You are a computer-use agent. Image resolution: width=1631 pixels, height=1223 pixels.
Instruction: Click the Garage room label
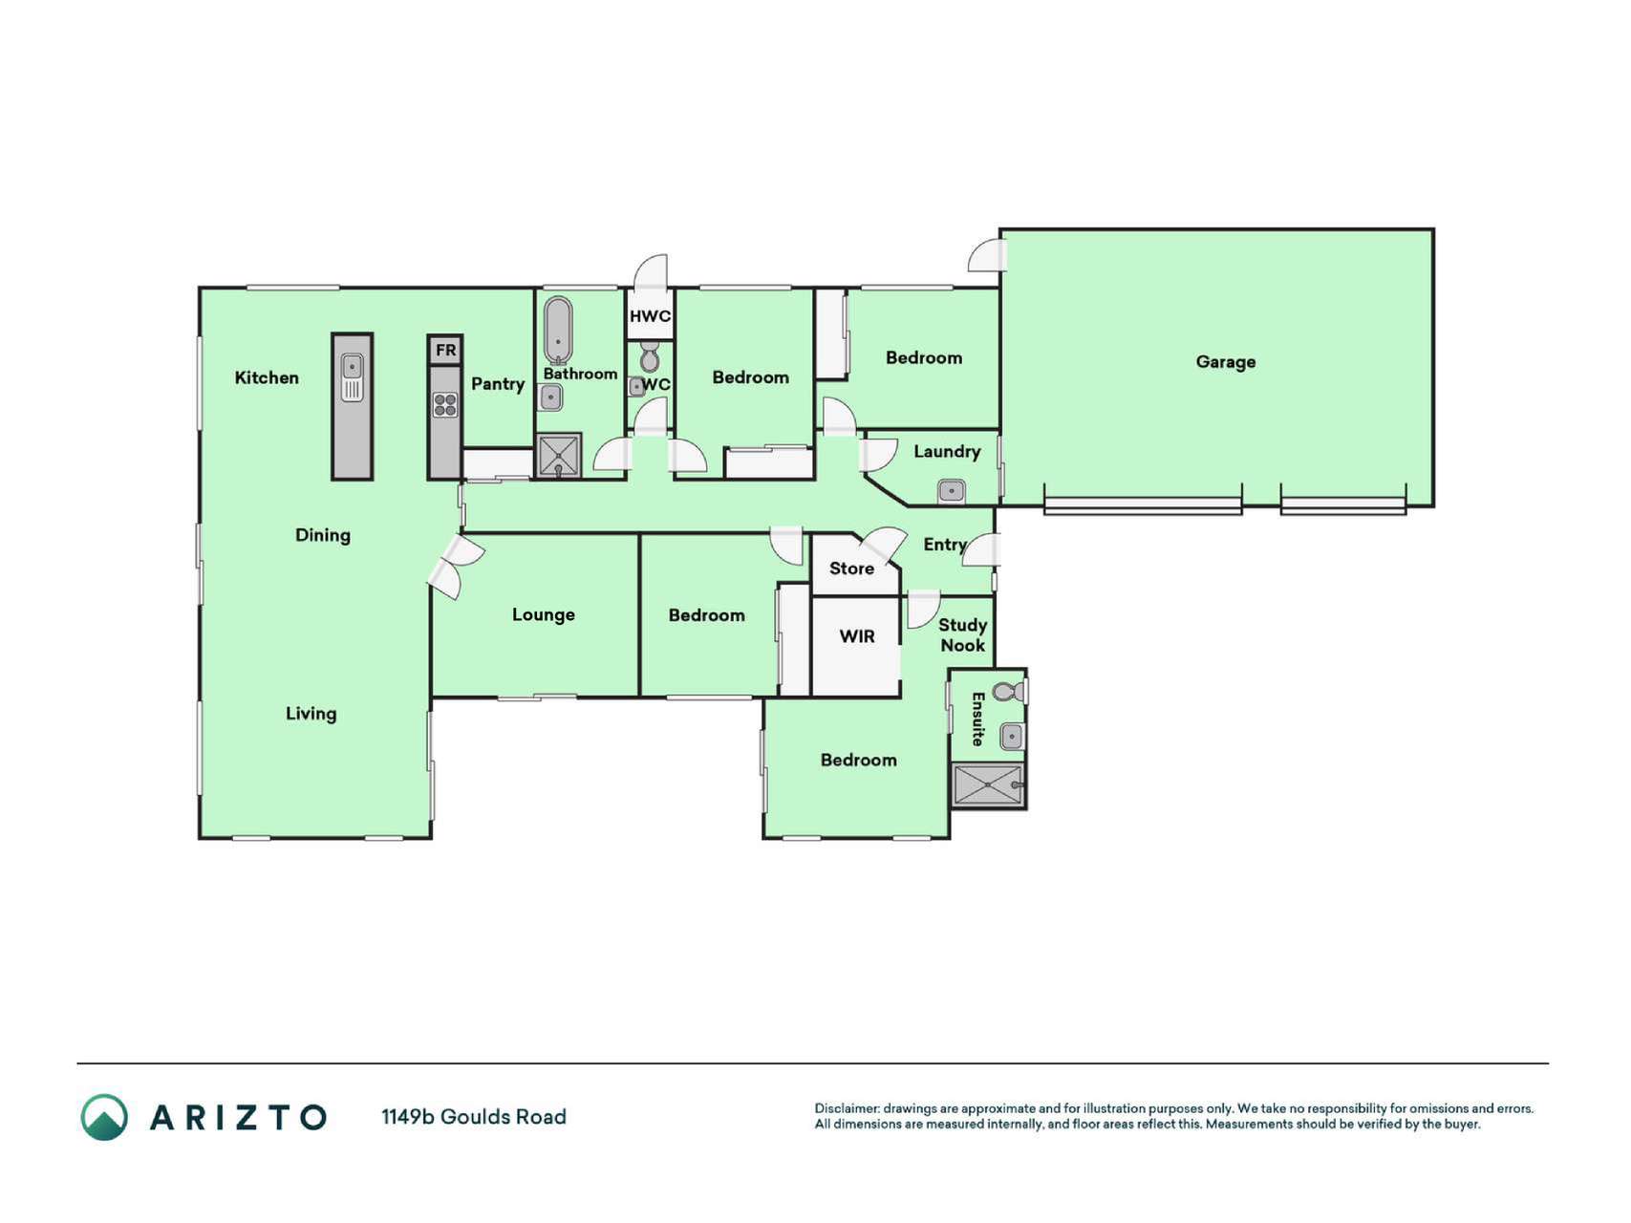pyautogui.click(x=1225, y=362)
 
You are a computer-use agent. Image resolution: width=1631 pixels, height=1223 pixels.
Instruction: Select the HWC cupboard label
pyautogui.click(x=650, y=316)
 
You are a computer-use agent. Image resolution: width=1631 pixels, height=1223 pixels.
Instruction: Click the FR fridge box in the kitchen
pyautogui.click(x=445, y=350)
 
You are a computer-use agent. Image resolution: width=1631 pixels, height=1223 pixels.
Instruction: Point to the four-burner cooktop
pyautogui.click(x=445, y=405)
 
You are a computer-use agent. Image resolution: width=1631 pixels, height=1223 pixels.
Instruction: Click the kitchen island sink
pyautogui.click(x=353, y=376)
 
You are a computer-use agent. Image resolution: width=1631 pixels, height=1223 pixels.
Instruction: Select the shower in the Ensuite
pyautogui.click(x=988, y=784)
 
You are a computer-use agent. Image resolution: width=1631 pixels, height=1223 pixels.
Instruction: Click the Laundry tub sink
pyautogui.click(x=951, y=492)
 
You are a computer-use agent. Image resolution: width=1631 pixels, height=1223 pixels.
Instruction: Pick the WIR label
pyautogui.click(x=857, y=636)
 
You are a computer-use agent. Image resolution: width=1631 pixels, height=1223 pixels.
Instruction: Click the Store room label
pyautogui.click(x=851, y=569)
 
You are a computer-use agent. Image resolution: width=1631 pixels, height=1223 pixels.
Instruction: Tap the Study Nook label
pyautogui.click(x=962, y=635)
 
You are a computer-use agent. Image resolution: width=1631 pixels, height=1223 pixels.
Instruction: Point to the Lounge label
pyautogui.click(x=543, y=615)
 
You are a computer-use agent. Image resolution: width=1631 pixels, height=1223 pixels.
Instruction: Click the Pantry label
pyautogui.click(x=498, y=384)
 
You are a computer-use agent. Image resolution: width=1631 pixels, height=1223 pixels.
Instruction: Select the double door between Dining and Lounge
pyautogui.click(x=455, y=568)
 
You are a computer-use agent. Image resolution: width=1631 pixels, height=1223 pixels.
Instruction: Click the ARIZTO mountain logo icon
pyautogui.click(x=104, y=1117)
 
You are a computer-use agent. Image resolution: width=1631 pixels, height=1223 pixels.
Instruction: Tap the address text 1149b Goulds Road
pyautogui.click(x=474, y=1117)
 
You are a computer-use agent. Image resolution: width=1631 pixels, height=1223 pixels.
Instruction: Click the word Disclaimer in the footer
pyautogui.click(x=847, y=1109)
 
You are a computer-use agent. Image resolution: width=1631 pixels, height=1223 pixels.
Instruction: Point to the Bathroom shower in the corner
pyautogui.click(x=558, y=456)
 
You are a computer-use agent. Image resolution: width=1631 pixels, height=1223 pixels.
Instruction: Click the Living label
pyautogui.click(x=311, y=714)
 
